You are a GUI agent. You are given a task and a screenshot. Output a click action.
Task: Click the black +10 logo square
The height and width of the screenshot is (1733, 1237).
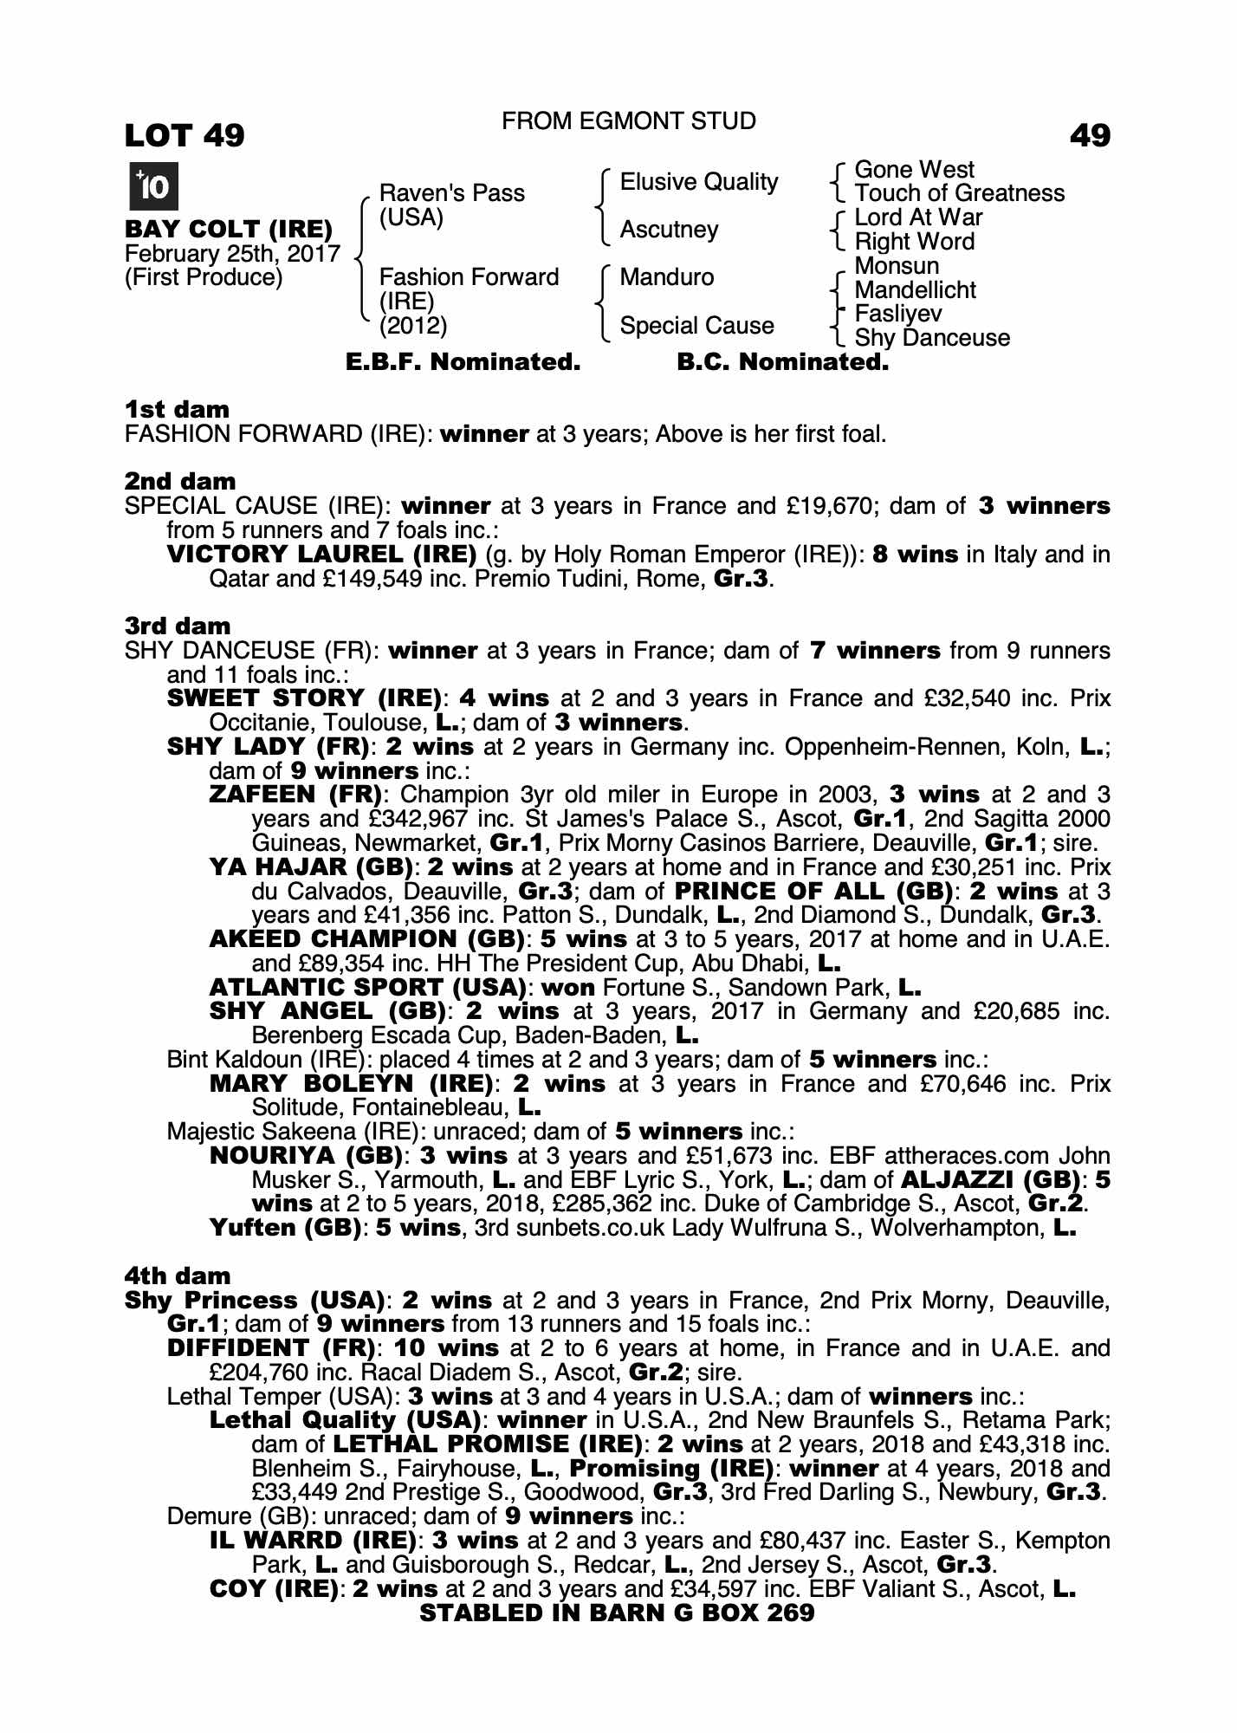(153, 186)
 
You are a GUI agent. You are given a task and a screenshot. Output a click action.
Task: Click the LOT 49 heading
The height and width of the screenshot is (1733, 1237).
(185, 135)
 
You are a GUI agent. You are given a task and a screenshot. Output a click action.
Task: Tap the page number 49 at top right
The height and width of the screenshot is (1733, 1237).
(1090, 135)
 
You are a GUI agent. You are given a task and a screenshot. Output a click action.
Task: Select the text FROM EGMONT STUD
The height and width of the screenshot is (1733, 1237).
(628, 121)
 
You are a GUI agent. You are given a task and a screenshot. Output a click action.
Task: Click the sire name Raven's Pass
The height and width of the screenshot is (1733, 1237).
(451, 192)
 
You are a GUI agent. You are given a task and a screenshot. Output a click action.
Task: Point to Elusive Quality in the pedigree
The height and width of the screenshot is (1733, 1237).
(698, 182)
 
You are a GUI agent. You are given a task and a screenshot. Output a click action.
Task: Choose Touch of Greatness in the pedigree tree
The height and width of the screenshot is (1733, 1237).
(959, 193)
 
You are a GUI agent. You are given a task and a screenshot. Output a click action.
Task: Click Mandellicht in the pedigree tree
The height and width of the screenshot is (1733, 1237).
(915, 290)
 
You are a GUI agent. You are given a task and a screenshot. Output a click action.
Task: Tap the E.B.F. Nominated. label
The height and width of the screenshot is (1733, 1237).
(463, 362)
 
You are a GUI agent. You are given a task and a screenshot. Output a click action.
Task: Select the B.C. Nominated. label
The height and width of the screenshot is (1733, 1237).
(782, 362)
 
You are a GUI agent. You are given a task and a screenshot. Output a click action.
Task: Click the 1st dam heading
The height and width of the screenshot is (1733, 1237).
(177, 409)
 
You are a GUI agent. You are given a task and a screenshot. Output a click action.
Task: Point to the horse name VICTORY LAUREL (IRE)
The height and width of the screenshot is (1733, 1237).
(321, 555)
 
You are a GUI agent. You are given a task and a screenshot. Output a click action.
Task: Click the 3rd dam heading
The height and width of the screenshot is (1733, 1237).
(178, 626)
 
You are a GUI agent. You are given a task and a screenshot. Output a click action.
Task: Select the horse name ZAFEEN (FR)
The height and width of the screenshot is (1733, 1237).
(295, 795)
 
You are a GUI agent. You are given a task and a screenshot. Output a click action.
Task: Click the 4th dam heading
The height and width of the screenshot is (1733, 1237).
(178, 1275)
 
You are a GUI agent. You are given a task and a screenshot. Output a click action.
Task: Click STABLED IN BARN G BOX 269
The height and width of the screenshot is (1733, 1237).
(617, 1613)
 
